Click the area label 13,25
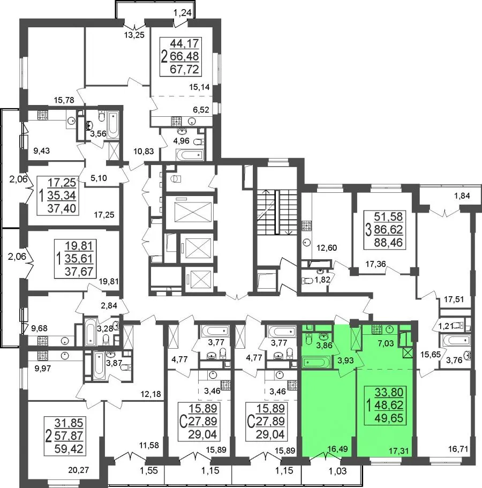[x=134, y=35]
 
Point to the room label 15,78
[x=64, y=100]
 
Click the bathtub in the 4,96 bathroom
[x=190, y=155]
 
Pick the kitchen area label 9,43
[x=41, y=151]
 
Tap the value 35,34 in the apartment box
[x=62, y=196]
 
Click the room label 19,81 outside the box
[x=109, y=282]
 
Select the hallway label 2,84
[x=109, y=306]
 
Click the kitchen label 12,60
[x=327, y=248]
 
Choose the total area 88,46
[x=388, y=242]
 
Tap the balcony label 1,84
[x=462, y=196]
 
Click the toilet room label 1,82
[x=322, y=280]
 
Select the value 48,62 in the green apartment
[x=389, y=405]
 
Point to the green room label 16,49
[x=337, y=449]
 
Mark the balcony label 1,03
[x=337, y=471]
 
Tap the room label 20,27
[x=78, y=470]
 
